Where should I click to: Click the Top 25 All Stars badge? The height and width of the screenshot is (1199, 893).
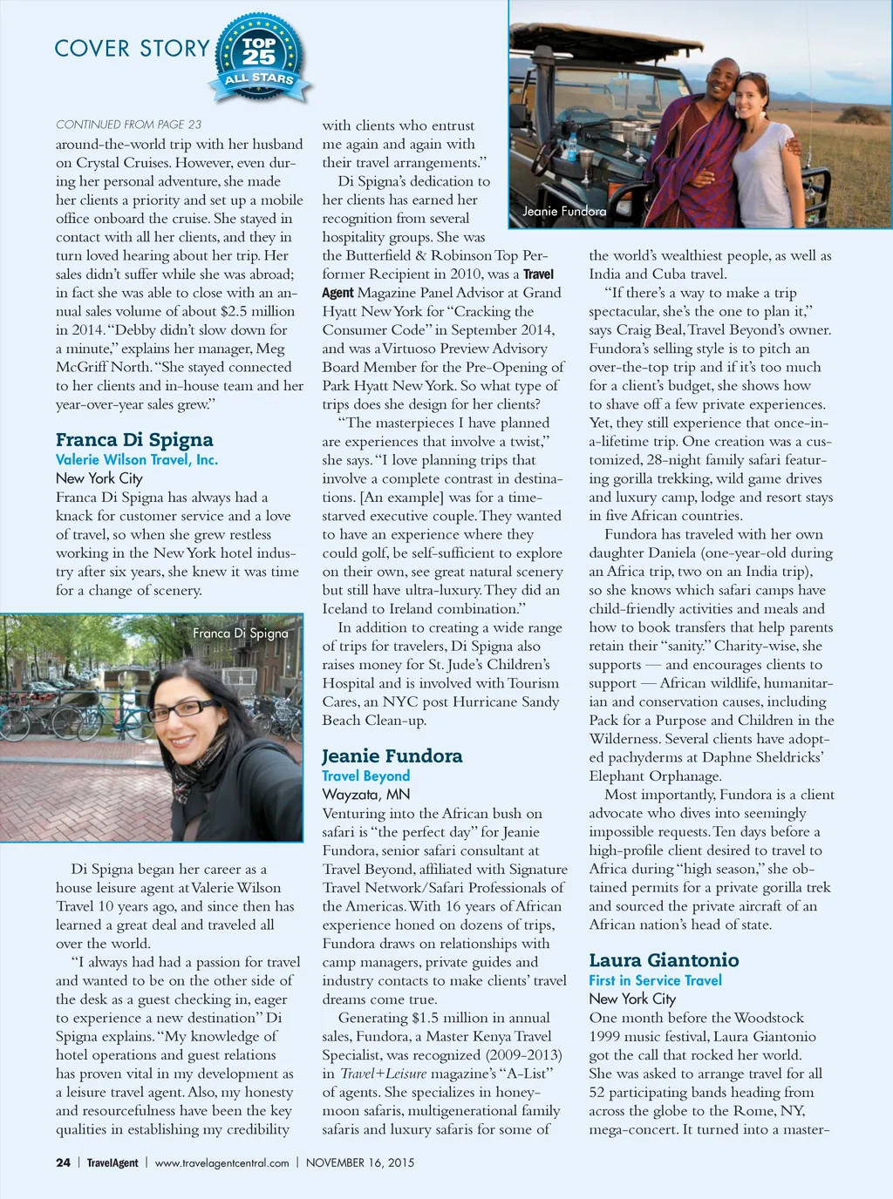[259, 56]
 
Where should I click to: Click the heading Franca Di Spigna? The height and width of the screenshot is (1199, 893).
[134, 439]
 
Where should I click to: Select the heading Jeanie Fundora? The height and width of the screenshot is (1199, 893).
[392, 755]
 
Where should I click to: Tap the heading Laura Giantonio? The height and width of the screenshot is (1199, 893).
[664, 959]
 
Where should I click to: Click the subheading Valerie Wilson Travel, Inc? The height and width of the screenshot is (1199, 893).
[137, 459]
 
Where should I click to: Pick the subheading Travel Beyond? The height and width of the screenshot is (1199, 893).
[365, 776]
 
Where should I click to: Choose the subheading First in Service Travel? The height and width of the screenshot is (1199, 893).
[655, 979]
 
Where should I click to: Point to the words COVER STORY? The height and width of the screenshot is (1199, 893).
[132, 49]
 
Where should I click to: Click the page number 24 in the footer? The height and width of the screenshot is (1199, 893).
[63, 1162]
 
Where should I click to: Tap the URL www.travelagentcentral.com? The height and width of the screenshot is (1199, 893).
[222, 1162]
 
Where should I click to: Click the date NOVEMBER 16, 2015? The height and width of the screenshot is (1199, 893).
[359, 1162]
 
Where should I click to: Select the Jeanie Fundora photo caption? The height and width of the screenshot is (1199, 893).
[563, 211]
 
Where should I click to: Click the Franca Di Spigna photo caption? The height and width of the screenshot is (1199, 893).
[240, 633]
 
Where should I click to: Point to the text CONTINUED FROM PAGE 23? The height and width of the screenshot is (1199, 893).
[128, 125]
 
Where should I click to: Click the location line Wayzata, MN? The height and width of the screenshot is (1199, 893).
[365, 794]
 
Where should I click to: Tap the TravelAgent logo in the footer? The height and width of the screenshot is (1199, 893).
[112, 1162]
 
